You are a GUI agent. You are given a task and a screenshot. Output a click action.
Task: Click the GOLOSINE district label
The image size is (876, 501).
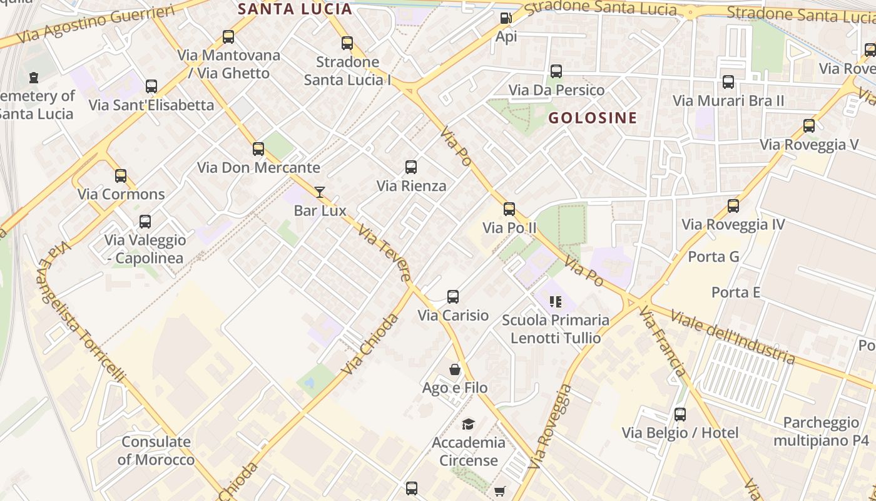[593, 118]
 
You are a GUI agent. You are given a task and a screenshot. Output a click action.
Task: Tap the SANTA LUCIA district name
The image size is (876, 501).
[295, 9]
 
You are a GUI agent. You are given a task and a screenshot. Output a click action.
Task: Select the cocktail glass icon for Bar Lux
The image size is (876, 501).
[320, 192]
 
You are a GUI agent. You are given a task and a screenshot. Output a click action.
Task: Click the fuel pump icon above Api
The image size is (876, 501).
[506, 18]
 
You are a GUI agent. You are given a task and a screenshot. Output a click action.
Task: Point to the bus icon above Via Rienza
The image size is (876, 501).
[411, 167]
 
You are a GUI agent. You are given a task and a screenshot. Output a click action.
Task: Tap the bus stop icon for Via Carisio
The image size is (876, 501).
[453, 297]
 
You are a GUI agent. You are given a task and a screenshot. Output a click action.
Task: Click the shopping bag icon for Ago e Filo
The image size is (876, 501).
[455, 370]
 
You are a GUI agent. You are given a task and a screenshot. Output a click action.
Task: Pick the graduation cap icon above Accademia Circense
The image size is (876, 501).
[468, 425]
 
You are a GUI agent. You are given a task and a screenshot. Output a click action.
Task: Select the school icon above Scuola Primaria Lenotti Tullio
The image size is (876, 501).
[555, 302]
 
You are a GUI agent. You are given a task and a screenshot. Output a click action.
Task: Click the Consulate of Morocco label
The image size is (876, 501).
[156, 451]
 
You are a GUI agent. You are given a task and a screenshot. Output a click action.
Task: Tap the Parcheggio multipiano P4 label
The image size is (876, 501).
[821, 431]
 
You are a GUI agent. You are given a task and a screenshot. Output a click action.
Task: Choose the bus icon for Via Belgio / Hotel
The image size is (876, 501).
[680, 415]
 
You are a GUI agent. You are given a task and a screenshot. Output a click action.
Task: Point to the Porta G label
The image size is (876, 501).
[713, 257]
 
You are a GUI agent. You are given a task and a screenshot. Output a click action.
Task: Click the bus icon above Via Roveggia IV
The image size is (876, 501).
[733, 206]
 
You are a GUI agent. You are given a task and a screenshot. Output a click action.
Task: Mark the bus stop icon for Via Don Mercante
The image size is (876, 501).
[258, 149]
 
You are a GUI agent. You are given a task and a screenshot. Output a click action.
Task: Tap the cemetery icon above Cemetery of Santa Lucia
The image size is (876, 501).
[33, 78]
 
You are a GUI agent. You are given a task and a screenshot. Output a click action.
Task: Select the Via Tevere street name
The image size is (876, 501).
[385, 253]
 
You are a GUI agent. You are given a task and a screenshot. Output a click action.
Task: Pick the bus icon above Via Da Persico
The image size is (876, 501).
[556, 71]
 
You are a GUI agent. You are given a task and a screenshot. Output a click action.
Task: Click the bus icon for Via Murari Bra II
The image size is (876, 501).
[728, 82]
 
